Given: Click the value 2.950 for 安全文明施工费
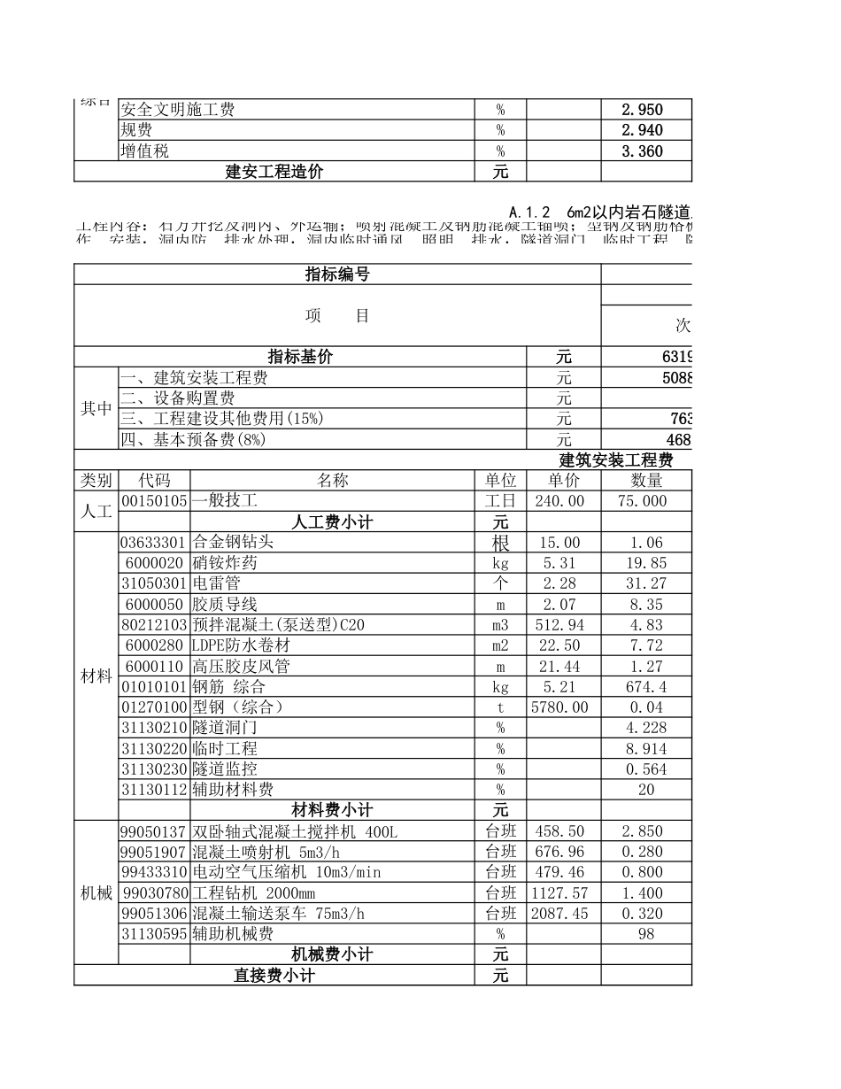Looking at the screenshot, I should click(642, 110).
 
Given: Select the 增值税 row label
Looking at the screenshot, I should click(144, 151).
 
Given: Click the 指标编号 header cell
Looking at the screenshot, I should click(337, 274).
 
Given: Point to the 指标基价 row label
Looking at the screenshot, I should click(301, 357).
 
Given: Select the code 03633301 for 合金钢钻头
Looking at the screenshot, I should click(154, 543).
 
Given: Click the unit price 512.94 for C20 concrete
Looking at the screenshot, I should click(563, 625).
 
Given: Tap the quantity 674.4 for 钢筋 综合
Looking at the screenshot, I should click(645, 687).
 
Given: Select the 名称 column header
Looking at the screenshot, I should click(332, 480).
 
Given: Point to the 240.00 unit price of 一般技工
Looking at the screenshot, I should click(563, 501).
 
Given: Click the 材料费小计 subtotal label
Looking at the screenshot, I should click(332, 810).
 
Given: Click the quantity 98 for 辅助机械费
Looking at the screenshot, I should click(645, 934).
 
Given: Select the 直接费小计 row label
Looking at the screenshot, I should click(274, 976).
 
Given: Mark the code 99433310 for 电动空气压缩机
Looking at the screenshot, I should click(154, 872).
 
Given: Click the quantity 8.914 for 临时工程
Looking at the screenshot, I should click(645, 749).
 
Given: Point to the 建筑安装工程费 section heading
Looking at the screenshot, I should click(616, 460).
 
